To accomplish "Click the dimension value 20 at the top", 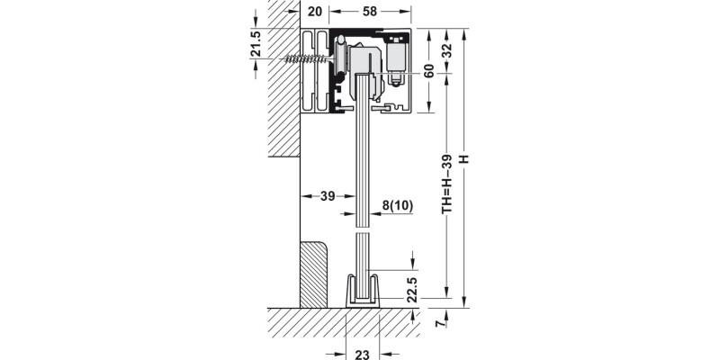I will [x=313, y=12].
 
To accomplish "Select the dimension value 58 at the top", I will [x=371, y=12].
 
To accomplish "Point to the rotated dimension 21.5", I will [x=256, y=43].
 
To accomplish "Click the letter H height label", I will [x=464, y=159].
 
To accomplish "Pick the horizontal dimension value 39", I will [x=328, y=196].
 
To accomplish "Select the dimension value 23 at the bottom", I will [x=363, y=354].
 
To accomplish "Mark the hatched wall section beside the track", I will [x=282, y=90].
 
